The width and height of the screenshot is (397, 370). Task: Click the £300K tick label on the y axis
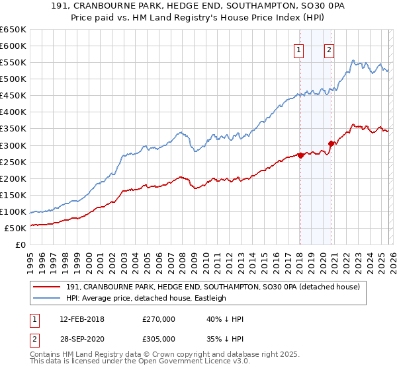(13, 145)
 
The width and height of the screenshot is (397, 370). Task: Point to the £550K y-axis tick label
(13, 63)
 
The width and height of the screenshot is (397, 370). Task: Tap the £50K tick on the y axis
(16, 228)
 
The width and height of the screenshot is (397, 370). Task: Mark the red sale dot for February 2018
(300, 155)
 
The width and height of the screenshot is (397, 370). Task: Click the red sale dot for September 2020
(331, 143)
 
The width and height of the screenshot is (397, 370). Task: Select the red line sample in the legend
(46, 287)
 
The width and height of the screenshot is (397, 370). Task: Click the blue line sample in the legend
(46, 298)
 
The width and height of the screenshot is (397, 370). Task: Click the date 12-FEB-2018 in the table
(77, 319)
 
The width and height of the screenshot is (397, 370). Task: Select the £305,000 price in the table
(159, 338)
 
